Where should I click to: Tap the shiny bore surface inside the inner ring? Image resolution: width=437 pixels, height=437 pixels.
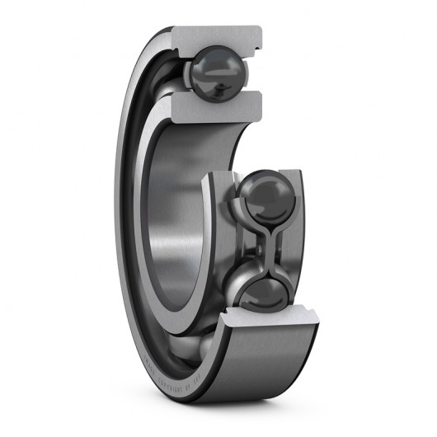point(177,214)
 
